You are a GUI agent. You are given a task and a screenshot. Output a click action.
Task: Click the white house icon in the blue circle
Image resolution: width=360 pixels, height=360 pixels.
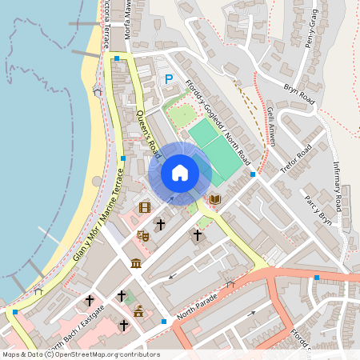point(180,173)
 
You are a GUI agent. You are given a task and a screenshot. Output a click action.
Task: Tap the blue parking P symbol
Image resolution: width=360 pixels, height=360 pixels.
point(168,79)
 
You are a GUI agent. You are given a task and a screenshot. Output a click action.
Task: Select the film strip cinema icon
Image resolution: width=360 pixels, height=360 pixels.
point(145,207)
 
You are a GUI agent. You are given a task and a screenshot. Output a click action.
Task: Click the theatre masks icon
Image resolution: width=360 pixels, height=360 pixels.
point(143,235)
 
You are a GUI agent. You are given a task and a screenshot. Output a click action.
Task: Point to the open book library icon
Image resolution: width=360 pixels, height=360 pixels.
point(214,198)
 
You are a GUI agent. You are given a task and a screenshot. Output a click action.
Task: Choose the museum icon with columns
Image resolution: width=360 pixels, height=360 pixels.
point(136,264)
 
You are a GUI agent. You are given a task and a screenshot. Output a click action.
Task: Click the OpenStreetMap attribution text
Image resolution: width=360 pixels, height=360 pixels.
point(80,354)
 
